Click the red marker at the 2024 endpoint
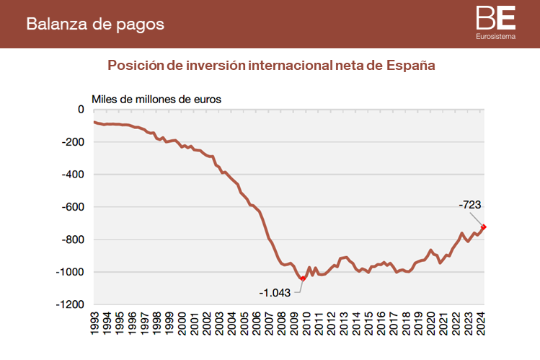(x=484, y=227)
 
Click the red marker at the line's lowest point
(x=303, y=278)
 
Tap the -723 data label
(x=471, y=206)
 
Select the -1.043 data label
(x=275, y=293)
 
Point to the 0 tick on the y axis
(x=81, y=110)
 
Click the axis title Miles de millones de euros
(x=156, y=98)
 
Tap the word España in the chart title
(x=411, y=66)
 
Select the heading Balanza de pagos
(x=95, y=24)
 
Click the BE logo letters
(x=495, y=17)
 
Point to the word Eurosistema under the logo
(x=495, y=36)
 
